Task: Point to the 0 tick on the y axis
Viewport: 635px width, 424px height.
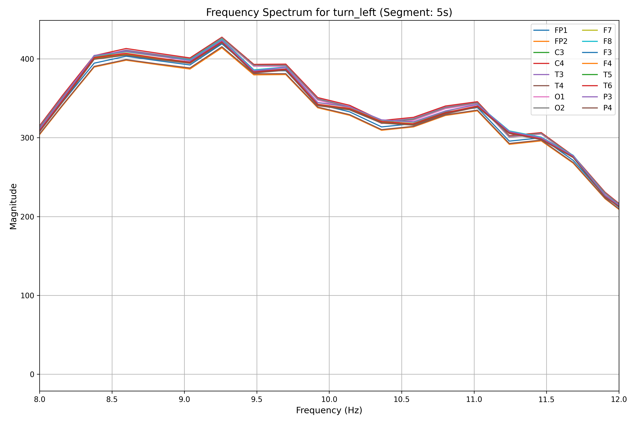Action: [x=32, y=375]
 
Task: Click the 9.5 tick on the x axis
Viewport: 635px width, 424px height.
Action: [x=257, y=399]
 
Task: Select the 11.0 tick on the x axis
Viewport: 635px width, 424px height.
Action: [x=474, y=399]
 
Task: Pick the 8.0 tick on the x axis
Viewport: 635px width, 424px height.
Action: [x=40, y=399]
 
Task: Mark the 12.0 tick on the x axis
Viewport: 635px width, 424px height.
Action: [x=619, y=399]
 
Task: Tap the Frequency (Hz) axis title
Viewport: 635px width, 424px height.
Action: [x=329, y=410]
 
